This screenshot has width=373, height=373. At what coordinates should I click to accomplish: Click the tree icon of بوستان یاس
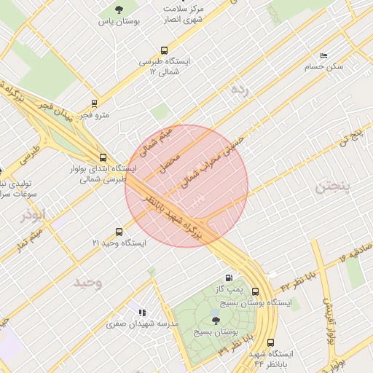pos(119,9)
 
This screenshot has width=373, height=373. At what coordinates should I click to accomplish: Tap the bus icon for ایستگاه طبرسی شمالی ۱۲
pos(164,51)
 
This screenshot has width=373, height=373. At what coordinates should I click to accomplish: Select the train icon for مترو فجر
pos(94,103)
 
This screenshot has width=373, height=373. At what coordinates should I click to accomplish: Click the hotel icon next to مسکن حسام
pos(324,55)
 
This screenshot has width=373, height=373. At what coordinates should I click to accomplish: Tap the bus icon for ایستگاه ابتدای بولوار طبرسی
pos(102,157)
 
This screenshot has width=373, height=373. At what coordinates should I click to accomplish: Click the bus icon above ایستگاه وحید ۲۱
pos(119,232)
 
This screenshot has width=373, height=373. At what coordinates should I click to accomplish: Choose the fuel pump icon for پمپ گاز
pos(229,278)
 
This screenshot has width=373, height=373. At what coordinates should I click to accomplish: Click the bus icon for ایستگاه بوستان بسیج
pos(255,291)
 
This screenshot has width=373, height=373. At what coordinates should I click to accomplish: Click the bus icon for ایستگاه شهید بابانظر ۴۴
pos(271,342)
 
